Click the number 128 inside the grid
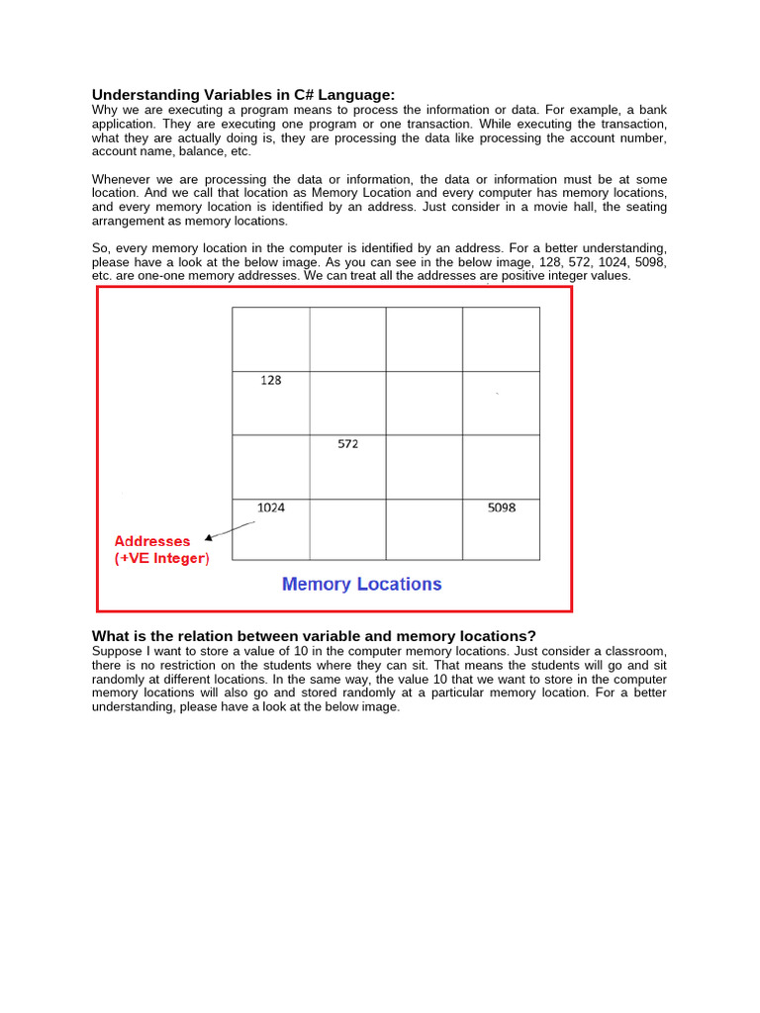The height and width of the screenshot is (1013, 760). click(x=270, y=380)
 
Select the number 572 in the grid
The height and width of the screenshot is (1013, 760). click(x=347, y=444)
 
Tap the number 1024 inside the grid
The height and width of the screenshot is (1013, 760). click(x=270, y=507)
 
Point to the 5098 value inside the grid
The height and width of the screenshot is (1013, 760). click(x=502, y=507)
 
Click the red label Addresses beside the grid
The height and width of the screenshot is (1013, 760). click(x=151, y=541)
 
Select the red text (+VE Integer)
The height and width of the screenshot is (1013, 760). click(x=161, y=559)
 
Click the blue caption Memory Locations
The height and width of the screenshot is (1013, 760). click(x=361, y=584)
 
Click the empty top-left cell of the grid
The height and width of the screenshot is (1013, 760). click(x=270, y=339)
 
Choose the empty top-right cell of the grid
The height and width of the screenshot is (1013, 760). click(x=502, y=339)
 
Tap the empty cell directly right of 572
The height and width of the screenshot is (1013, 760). click(x=425, y=467)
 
